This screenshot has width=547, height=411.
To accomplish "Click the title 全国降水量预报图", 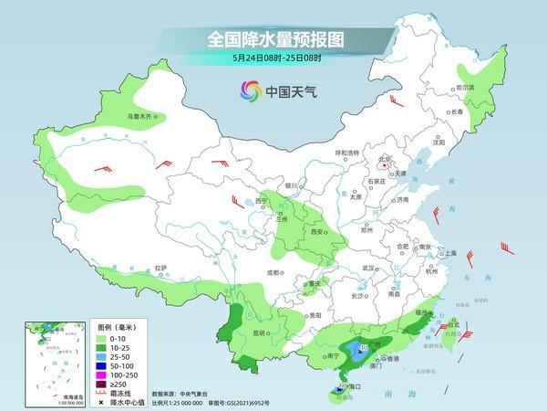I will (273, 40).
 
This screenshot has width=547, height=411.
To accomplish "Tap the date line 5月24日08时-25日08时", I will (273, 59).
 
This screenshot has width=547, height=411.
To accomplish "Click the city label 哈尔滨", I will (464, 87).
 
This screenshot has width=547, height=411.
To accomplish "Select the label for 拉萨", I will (160, 268).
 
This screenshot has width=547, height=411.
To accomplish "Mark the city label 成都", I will (273, 271).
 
